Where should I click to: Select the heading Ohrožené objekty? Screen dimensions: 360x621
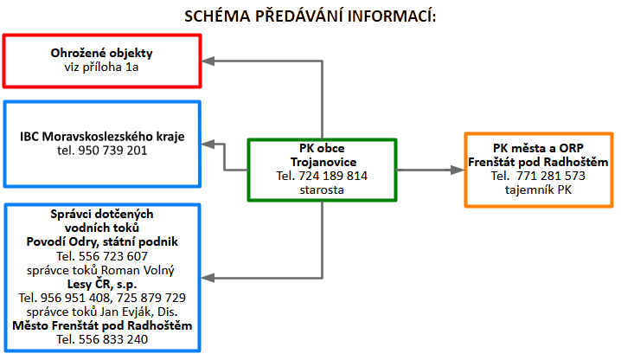[x=102, y=53]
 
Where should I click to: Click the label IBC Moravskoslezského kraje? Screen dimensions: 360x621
[x=102, y=137]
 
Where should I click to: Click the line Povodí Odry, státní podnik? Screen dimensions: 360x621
[x=102, y=243]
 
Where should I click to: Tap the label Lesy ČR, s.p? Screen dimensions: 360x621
[x=102, y=283]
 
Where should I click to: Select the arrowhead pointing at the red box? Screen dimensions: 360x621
[x=208, y=61]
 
